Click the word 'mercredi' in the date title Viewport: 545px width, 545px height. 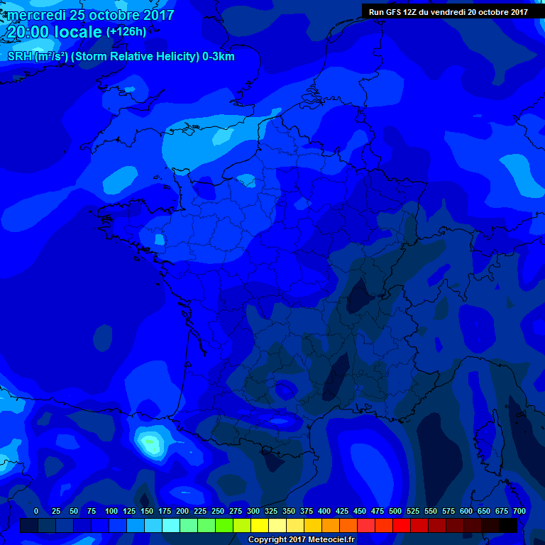(36, 15)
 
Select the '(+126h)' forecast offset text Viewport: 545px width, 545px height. (126, 31)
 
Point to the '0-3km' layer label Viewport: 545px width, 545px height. (218, 57)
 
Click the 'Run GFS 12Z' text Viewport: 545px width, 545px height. (395, 12)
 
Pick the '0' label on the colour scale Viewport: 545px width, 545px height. (36, 511)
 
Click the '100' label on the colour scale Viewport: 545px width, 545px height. (111, 511)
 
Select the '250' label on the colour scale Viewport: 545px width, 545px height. (218, 511)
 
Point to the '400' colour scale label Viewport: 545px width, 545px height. (324, 511)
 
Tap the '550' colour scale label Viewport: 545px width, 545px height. (431, 511)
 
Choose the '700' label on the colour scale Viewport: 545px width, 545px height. (519, 511)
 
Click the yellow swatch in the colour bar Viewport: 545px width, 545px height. (260, 525)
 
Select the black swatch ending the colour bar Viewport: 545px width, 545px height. (508, 525)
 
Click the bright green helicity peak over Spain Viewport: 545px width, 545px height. (150, 444)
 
